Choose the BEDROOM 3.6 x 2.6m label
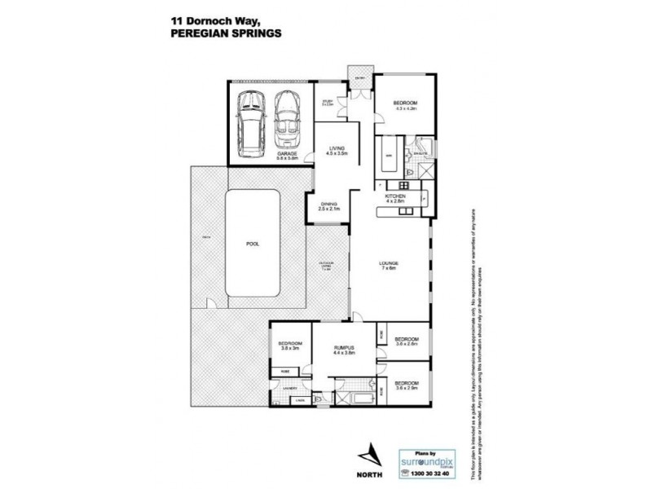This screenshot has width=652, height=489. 406,341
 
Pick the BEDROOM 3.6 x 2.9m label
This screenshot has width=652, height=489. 406,385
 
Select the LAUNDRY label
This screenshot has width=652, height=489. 288,388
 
